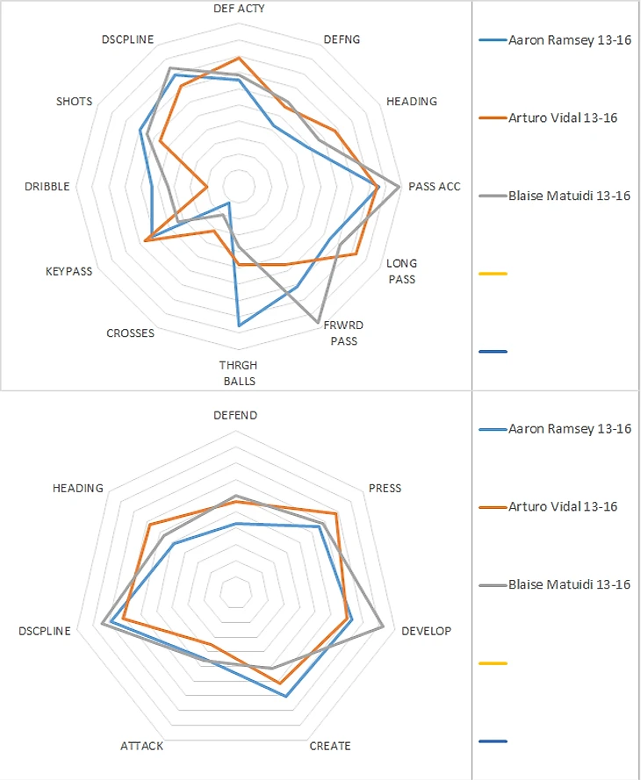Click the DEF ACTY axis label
pos(239,8)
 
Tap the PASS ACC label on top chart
pos(434,186)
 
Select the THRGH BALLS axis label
pos(239,373)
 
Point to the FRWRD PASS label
pos(343,333)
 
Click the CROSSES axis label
pos(130,333)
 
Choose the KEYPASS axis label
pos(69,271)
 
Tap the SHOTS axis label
pos(74,101)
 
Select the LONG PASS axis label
pos(402,270)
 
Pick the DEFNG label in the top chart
pos(342,39)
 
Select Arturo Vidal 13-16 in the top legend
pos(563,118)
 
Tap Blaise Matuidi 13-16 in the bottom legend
pos(569,584)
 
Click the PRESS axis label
pos(385,488)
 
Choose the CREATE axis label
pos(330,746)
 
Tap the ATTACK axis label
pos(141,746)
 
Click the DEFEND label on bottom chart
pos(236,415)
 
